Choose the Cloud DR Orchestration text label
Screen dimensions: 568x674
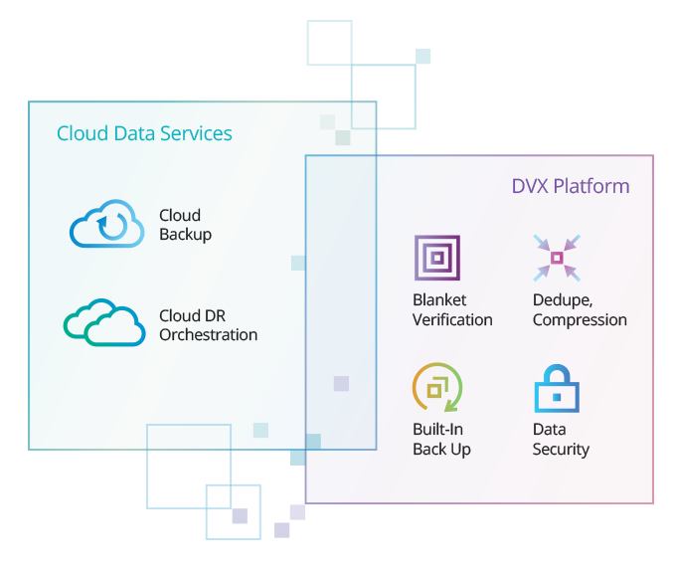[x=208, y=325]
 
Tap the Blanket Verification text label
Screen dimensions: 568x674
[x=452, y=310]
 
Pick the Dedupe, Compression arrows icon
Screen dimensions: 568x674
[x=556, y=259]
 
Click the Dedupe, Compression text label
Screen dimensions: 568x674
[x=580, y=310]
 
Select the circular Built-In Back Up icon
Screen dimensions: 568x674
[x=436, y=389]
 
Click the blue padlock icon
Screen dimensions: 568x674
[x=557, y=390]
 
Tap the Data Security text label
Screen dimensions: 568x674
[x=561, y=439]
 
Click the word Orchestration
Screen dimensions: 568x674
[x=208, y=335]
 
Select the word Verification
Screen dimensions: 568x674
[x=452, y=320]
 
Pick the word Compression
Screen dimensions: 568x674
[x=580, y=320]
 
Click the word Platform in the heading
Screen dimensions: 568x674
[x=591, y=187]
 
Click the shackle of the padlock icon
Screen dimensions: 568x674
[x=557, y=374]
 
